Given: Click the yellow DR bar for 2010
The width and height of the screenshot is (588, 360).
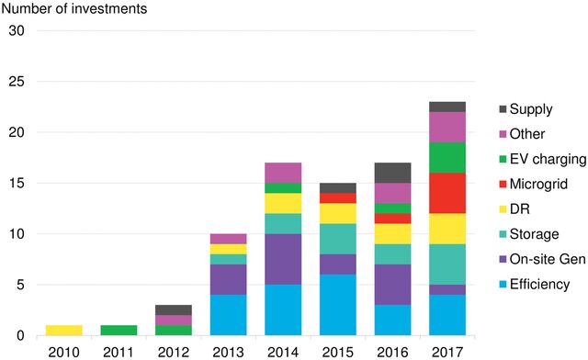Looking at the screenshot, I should pyautogui.click(x=64, y=331).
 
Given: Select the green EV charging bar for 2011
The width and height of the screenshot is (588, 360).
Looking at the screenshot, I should pyautogui.click(x=118, y=331).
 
